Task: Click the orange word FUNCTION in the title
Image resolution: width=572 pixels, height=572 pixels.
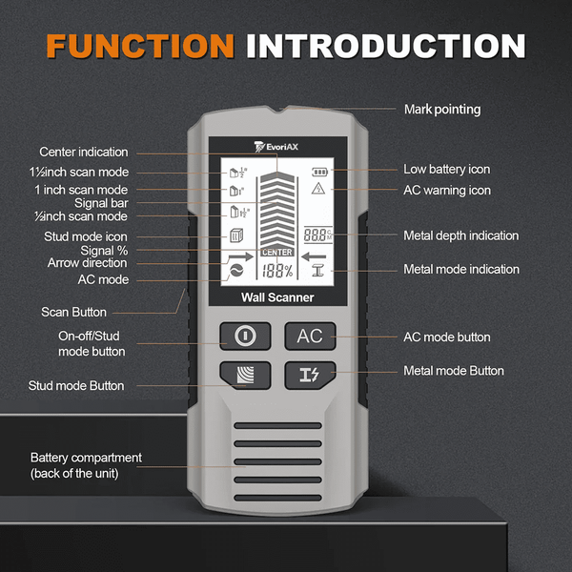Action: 139,46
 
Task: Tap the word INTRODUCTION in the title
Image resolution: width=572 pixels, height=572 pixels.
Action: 385,46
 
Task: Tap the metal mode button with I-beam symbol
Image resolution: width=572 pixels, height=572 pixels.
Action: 310,374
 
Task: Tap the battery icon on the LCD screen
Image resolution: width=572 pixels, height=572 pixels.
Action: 318,173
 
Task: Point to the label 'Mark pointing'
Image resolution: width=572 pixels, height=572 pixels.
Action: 442,110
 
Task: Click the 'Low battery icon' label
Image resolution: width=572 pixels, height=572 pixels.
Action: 446,169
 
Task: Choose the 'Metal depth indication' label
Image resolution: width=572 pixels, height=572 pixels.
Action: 460,235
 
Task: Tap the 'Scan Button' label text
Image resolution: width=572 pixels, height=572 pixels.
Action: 73,312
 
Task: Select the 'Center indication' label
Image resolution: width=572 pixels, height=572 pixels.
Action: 83,152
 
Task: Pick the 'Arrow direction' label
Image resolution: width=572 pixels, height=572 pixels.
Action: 87,263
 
